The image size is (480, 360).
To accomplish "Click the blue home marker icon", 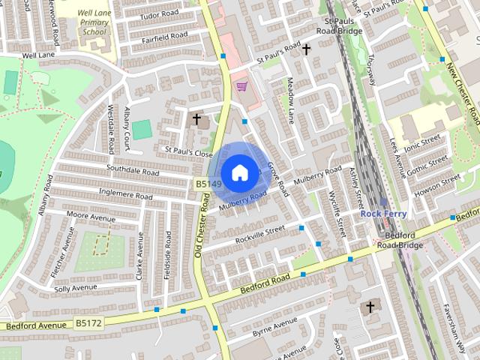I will [x=239, y=172].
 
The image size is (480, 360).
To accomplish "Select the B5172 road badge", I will [x=88, y=322].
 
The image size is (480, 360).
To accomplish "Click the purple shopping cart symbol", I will [x=241, y=87].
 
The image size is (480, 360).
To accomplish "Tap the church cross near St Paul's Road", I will [x=306, y=49].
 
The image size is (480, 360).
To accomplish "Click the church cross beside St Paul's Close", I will [x=197, y=119].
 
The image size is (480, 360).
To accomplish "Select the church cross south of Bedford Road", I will [x=370, y=307].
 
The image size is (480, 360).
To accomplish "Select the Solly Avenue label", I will [x=76, y=288].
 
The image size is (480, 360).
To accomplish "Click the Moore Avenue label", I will [x=91, y=216].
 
